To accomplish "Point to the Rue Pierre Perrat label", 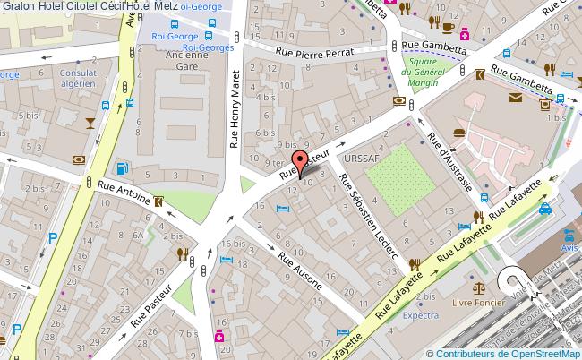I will pyautogui.click(x=315, y=54).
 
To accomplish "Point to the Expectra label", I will pyautogui.click(x=420, y=315).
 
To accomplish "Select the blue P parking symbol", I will pyautogui.click(x=53, y=238).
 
